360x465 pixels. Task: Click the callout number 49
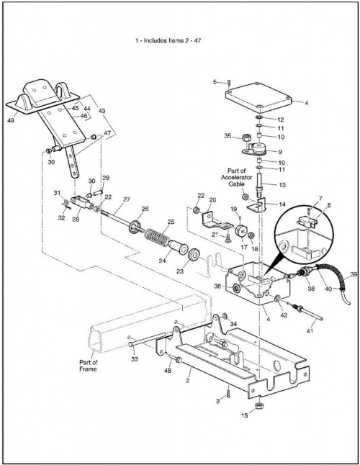pyautogui.click(x=11, y=121)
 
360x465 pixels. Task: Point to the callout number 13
pyautogui.click(x=282, y=185)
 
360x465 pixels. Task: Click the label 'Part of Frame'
pyautogui.click(x=88, y=366)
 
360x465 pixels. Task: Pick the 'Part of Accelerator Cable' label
pyautogui.click(x=236, y=177)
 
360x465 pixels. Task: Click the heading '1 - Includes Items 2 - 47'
pyautogui.click(x=168, y=40)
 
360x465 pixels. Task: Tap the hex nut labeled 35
pyautogui.click(x=246, y=138)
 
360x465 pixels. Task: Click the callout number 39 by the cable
pyautogui.click(x=354, y=275)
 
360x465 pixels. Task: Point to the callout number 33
pyautogui.click(x=135, y=359)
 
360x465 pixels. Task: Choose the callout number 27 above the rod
pyautogui.click(x=127, y=199)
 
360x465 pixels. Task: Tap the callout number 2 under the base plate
pyautogui.click(x=187, y=381)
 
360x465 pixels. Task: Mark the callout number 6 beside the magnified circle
pyautogui.click(x=329, y=205)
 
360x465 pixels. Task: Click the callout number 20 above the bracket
pyautogui.click(x=212, y=200)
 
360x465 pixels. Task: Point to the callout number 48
pyautogui.click(x=167, y=371)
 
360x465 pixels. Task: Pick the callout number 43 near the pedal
pyautogui.click(x=102, y=111)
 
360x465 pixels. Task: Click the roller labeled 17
pyautogui.click(x=241, y=231)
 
